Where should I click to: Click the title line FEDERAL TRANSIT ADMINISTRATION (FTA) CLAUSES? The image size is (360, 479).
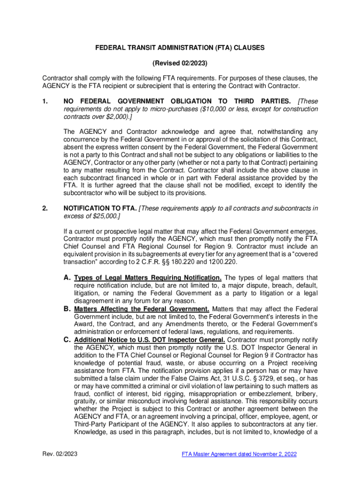[180, 47]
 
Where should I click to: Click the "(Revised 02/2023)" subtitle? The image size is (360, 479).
[180, 63]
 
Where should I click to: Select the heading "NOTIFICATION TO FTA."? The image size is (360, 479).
[100, 208]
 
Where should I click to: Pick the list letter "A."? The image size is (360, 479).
[67, 278]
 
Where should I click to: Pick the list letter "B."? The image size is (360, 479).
[67, 309]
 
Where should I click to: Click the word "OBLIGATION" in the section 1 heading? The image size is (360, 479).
[184, 101]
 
